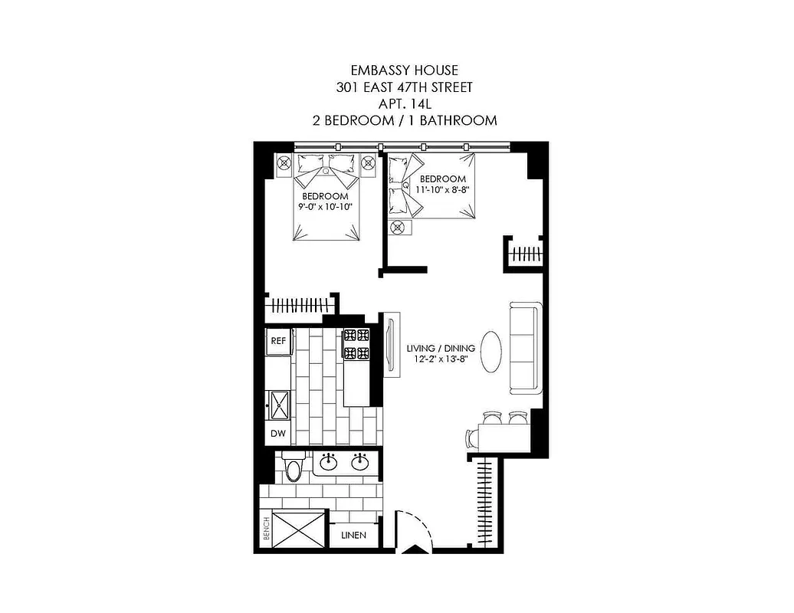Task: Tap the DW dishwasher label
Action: (x=278, y=434)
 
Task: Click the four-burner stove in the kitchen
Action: (x=356, y=344)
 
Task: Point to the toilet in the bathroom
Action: (x=292, y=468)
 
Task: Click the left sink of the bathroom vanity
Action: (x=330, y=462)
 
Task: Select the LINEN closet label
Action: (x=353, y=536)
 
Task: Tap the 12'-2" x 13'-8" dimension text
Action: (x=441, y=359)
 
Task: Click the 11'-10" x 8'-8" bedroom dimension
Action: (x=441, y=188)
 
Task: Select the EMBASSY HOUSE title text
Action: (x=404, y=71)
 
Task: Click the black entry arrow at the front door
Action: (x=414, y=549)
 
